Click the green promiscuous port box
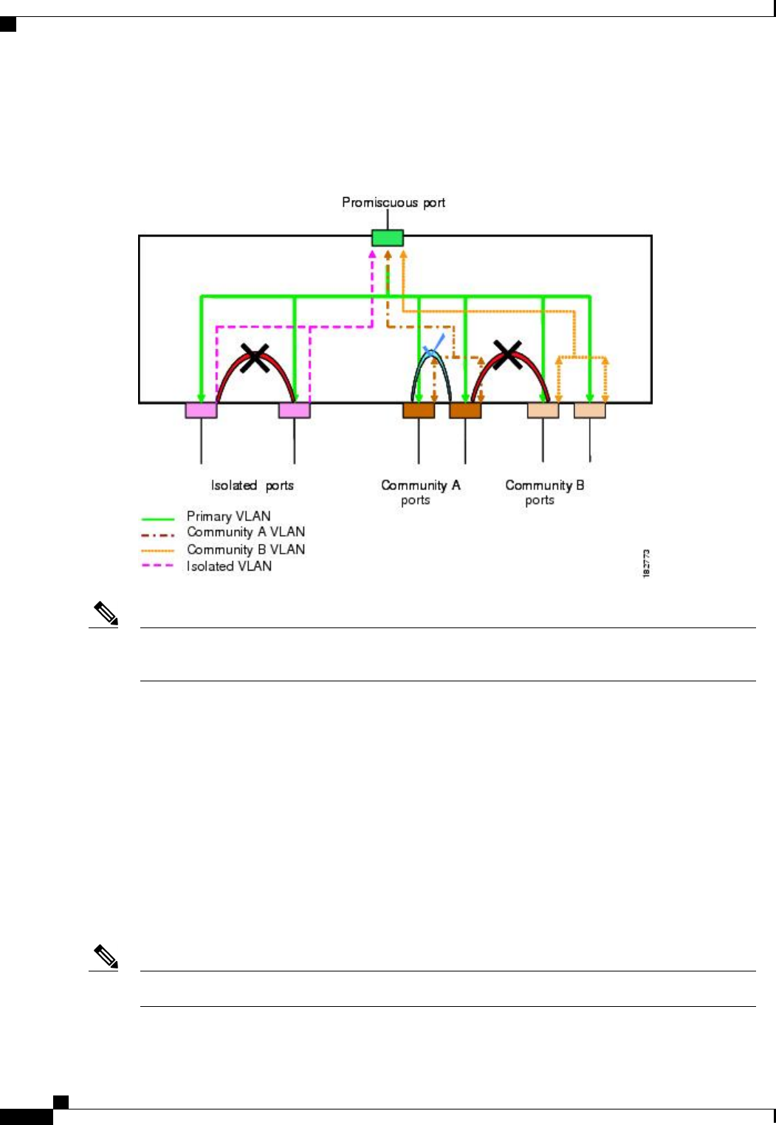tap(388, 238)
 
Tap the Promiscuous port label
tap(394, 202)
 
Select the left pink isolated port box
tap(201, 410)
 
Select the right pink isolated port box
tap(295, 410)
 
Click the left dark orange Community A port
tap(419, 410)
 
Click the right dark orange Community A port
tap(465, 410)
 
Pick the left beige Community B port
tap(543, 410)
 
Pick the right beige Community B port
tap(590, 410)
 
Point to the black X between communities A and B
tap(508, 354)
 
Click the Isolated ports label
tap(253, 485)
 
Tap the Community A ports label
tap(420, 492)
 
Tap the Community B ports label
tap(544, 492)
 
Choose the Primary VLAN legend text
tap(228, 516)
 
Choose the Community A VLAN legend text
tap(246, 532)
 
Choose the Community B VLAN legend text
tap(246, 549)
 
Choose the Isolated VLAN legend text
tap(229, 566)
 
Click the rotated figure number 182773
tap(647, 563)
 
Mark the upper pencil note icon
tap(106, 614)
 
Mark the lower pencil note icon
tap(106, 957)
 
